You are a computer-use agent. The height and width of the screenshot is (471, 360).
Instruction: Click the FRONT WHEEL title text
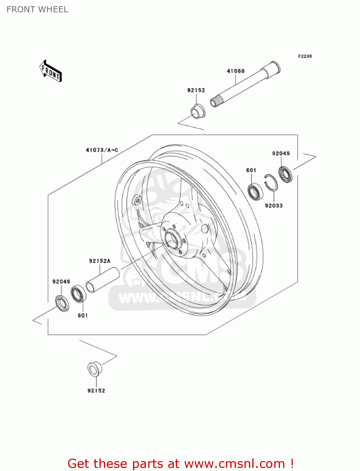pos(37,9)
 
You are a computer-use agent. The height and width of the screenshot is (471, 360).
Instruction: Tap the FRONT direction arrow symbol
pos(51,71)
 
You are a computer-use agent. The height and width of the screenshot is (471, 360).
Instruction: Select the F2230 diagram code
pos(305,56)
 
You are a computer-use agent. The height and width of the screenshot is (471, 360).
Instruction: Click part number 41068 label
pos(235,71)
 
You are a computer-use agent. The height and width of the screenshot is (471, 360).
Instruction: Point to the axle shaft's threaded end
pos(215,102)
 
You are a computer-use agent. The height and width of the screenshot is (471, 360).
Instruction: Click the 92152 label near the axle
pos(196,90)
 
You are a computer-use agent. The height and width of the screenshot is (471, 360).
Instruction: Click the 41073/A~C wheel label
pos(102,150)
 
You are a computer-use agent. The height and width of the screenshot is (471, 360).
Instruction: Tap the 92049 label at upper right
pos(281,153)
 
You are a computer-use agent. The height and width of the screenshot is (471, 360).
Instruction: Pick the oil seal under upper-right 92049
pos(286,174)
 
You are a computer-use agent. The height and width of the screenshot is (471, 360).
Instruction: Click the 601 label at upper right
pos(251,170)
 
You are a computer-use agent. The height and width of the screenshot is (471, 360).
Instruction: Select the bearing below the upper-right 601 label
pos(255,191)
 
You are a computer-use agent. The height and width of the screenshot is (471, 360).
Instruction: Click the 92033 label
pos(274,206)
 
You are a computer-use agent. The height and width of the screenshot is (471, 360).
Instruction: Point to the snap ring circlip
pos(271,182)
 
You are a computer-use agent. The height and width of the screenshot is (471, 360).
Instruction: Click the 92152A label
pos(100,261)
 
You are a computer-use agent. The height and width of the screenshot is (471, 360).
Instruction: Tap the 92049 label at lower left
pos(61,282)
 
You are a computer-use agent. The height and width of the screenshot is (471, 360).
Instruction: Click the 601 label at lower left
pos(83,315)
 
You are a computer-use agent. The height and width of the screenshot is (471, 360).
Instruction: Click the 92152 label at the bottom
pos(96,391)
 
